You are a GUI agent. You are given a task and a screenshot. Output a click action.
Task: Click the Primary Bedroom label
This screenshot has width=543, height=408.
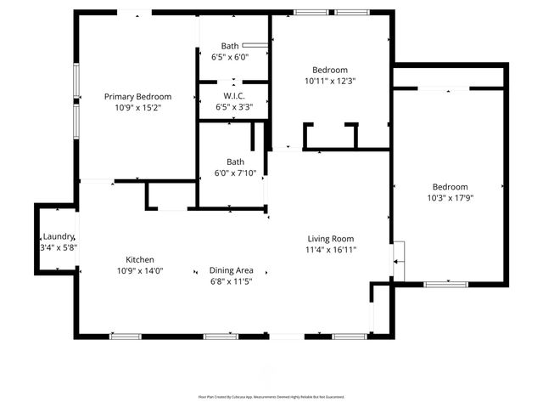(137, 97)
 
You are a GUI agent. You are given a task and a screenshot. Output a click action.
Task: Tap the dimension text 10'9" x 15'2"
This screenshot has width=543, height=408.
(137, 108)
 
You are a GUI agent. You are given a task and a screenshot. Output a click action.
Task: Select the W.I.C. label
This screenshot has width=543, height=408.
(234, 96)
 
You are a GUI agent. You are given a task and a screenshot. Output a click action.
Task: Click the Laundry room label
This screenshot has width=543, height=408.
(58, 236)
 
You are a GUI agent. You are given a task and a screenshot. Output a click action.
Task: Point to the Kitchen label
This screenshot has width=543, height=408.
(140, 260)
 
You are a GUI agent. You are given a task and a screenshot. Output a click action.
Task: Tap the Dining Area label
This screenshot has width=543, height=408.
(232, 270)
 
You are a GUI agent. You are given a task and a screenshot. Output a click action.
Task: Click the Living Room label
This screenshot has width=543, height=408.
(330, 239)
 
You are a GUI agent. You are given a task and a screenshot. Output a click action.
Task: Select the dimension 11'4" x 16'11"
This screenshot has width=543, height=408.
(330, 250)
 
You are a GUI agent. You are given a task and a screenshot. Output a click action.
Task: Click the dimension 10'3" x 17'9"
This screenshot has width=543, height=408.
(450, 198)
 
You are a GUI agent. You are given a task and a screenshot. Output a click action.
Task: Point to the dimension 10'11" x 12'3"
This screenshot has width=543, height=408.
(329, 81)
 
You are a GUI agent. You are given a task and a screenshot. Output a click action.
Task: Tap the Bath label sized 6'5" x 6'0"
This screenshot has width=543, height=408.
(230, 46)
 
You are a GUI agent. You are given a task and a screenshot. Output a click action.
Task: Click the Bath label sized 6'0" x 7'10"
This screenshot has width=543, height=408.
(235, 161)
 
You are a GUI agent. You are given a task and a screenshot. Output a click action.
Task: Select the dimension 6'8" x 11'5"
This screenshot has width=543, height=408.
(232, 281)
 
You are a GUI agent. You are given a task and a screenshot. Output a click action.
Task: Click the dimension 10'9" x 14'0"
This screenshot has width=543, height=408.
(140, 271)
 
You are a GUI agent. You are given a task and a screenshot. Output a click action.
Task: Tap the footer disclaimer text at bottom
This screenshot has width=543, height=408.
(271, 396)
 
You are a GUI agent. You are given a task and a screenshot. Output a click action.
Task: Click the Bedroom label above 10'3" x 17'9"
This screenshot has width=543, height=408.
(450, 187)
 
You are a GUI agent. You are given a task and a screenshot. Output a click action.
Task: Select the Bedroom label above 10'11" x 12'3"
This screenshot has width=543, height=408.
(329, 70)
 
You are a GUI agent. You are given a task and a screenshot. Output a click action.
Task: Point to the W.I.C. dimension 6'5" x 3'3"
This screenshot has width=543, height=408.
(234, 107)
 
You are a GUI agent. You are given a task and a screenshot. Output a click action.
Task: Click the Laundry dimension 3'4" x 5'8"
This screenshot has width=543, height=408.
(58, 247)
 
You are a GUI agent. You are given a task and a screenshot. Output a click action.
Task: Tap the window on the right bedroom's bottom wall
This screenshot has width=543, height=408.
(445, 284)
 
